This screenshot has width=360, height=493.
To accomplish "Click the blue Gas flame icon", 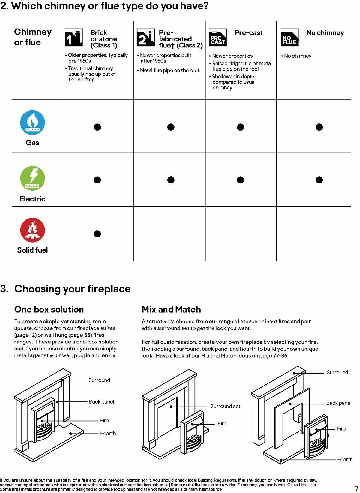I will coord(32,122).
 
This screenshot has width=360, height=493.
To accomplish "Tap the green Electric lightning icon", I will coord(32,178).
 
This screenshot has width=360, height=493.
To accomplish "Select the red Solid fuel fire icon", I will coord(32,230).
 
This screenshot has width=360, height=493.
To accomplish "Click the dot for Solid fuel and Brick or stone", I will coord(97,234).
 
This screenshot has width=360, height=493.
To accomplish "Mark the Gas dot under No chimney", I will coord(319,127).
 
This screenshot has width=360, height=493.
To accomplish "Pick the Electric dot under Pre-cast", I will coord(241,180).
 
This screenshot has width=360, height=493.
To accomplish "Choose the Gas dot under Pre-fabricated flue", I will coord(171,127).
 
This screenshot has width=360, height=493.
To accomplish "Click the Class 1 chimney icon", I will coord(73,38).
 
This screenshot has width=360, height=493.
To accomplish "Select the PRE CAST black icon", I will coord(218,38).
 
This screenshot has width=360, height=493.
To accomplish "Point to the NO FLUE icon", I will coord(289,38).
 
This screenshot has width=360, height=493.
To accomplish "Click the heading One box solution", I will coord(49,310).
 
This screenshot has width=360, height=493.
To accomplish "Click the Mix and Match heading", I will coord(171,310).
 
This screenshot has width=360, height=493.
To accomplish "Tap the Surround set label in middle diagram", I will coord(225,406).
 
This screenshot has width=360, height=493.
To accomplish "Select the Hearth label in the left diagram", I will coord(108,433).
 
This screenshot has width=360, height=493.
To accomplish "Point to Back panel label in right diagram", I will coord(339,403).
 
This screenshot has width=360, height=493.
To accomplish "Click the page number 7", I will coord(356,488).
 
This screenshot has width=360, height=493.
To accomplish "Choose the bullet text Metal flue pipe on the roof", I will coord(170,71).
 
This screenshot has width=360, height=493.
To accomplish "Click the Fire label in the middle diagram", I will coord(222,424).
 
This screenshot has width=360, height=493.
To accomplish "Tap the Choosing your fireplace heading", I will coord(72,289).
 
